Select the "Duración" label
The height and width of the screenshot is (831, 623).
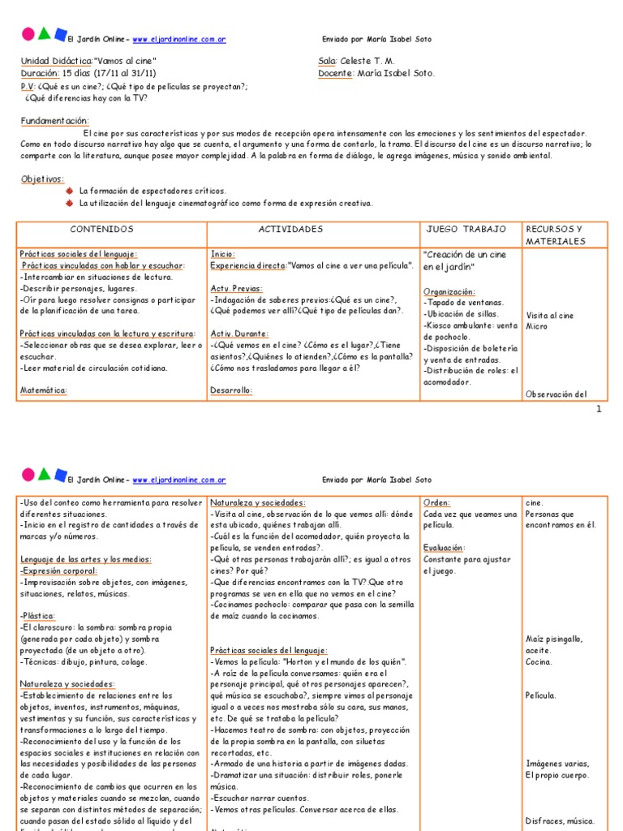(x=41, y=73)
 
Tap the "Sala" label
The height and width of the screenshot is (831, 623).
(x=327, y=61)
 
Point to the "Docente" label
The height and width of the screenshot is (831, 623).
(x=336, y=73)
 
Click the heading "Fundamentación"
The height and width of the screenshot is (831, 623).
(x=54, y=120)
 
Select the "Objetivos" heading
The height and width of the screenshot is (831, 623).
(x=41, y=179)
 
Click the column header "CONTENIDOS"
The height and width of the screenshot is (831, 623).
(x=101, y=230)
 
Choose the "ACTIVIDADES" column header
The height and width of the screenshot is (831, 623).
(x=290, y=230)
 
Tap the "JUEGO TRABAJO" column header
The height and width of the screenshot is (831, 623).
(x=466, y=230)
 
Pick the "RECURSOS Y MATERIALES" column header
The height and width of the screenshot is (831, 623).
(x=554, y=235)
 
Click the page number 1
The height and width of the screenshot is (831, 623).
(x=599, y=409)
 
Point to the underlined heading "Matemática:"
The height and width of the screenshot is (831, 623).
(x=43, y=390)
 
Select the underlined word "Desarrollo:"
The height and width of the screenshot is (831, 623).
(x=231, y=390)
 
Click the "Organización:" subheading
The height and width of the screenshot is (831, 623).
(x=449, y=291)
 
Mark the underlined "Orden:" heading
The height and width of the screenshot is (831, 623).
(x=436, y=502)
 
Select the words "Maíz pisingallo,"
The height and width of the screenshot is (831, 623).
(x=554, y=639)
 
